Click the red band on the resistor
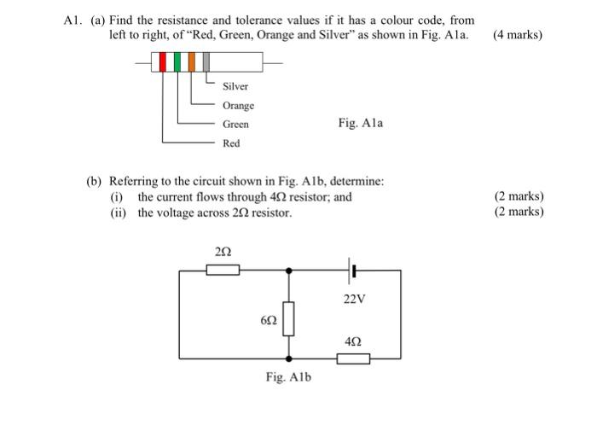click(x=164, y=62)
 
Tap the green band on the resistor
click(x=178, y=62)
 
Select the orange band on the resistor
click(x=192, y=62)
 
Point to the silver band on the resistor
click(x=206, y=62)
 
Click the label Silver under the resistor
click(x=235, y=87)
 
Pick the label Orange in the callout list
click(x=238, y=106)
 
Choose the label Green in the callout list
click(x=235, y=125)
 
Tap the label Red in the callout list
click(x=231, y=143)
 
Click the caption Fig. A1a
click(x=361, y=123)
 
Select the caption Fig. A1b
click(x=289, y=376)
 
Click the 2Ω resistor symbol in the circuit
click(x=223, y=270)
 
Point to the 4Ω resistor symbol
click(x=353, y=358)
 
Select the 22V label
click(x=355, y=300)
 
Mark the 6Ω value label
click(x=269, y=320)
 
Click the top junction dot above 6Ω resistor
click(x=290, y=270)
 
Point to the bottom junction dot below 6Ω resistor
click(x=290, y=358)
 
